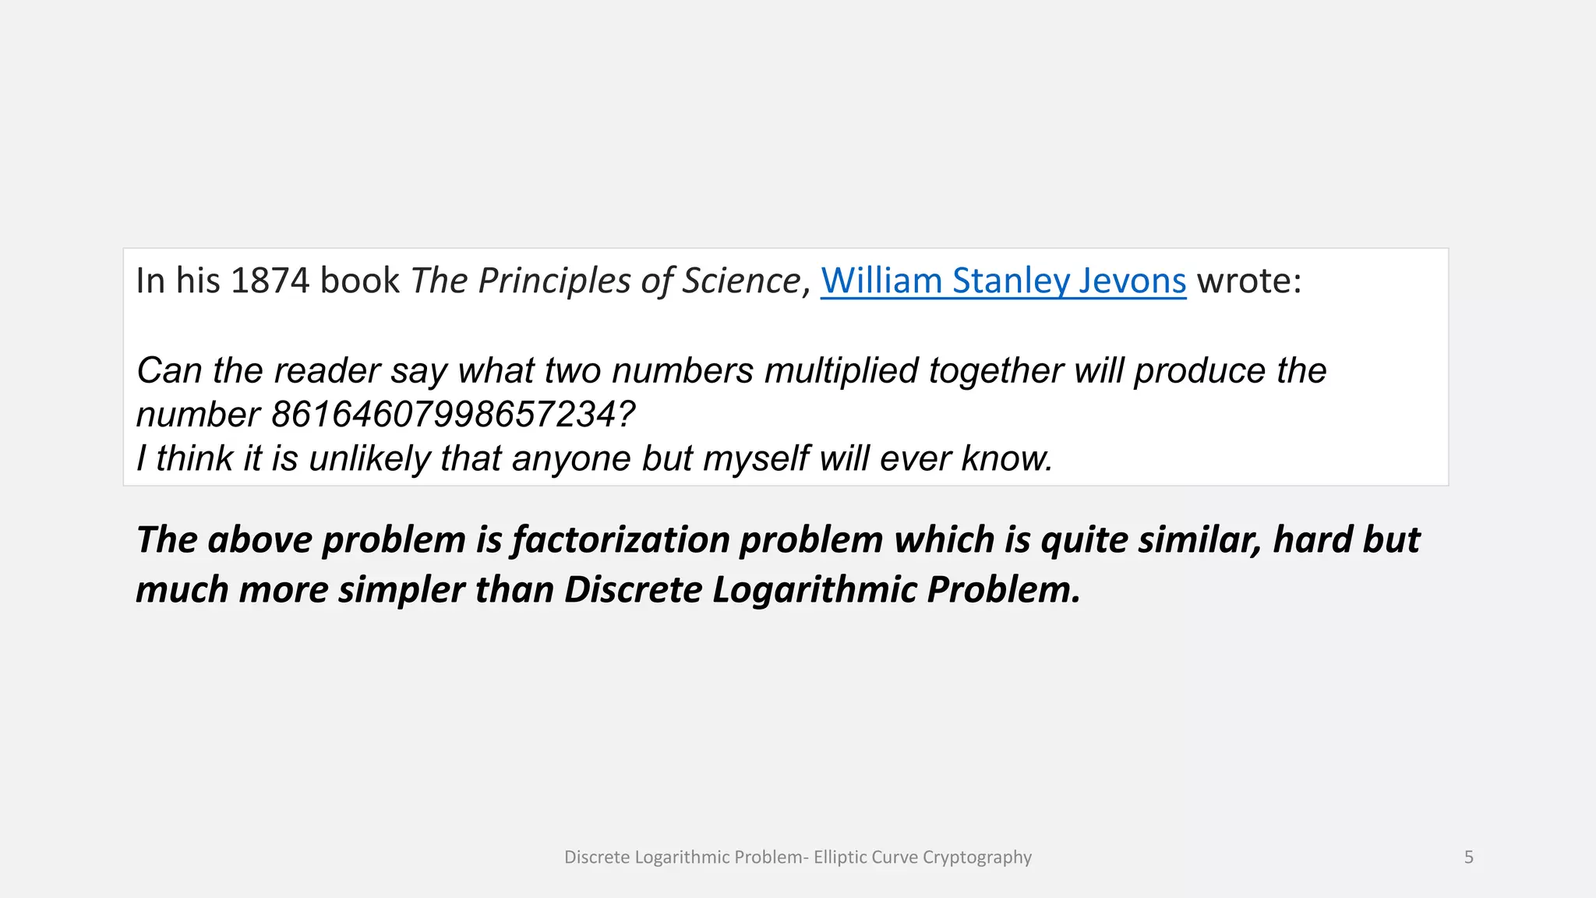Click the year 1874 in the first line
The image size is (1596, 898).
coord(270,281)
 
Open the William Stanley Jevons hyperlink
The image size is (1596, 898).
coord(1003,281)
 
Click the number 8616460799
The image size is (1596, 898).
coord(452,415)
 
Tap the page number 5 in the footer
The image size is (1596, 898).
coord(1468,857)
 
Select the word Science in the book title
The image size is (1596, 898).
coord(741,281)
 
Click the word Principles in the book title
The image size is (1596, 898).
coord(554,281)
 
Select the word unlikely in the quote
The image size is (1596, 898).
coord(369,458)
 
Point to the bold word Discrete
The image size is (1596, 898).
coord(633,589)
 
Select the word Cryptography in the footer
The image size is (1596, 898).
coord(976,857)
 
